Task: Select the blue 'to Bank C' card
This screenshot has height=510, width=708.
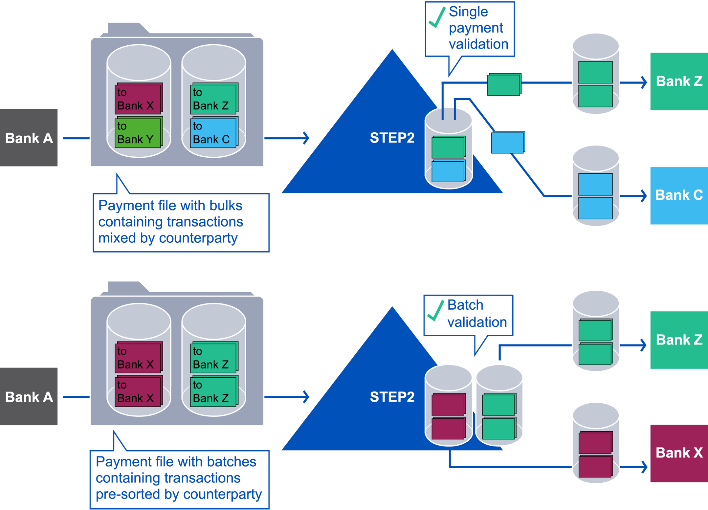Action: (x=213, y=133)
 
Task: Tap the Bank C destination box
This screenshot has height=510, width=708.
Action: (x=679, y=195)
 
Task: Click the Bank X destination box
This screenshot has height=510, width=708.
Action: (x=679, y=453)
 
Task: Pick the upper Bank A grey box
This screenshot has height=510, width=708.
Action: (x=29, y=138)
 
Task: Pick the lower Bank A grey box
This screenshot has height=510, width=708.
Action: (x=29, y=396)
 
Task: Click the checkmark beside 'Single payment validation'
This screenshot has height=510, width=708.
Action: (x=436, y=18)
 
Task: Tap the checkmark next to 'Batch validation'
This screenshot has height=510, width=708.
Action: (x=435, y=310)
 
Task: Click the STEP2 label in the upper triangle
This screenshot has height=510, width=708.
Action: (x=392, y=138)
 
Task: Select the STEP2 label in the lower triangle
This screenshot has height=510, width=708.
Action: (x=392, y=397)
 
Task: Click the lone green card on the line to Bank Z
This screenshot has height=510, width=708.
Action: (x=504, y=85)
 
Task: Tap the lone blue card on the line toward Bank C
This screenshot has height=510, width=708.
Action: (x=507, y=142)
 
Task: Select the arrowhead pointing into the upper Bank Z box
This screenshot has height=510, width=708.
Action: (x=643, y=83)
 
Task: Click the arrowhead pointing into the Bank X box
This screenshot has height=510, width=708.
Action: (x=643, y=467)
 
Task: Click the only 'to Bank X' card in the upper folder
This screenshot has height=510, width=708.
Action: (x=138, y=99)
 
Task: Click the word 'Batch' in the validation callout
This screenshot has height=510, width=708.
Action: (x=465, y=305)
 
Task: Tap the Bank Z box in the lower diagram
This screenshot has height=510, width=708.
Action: (x=679, y=340)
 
